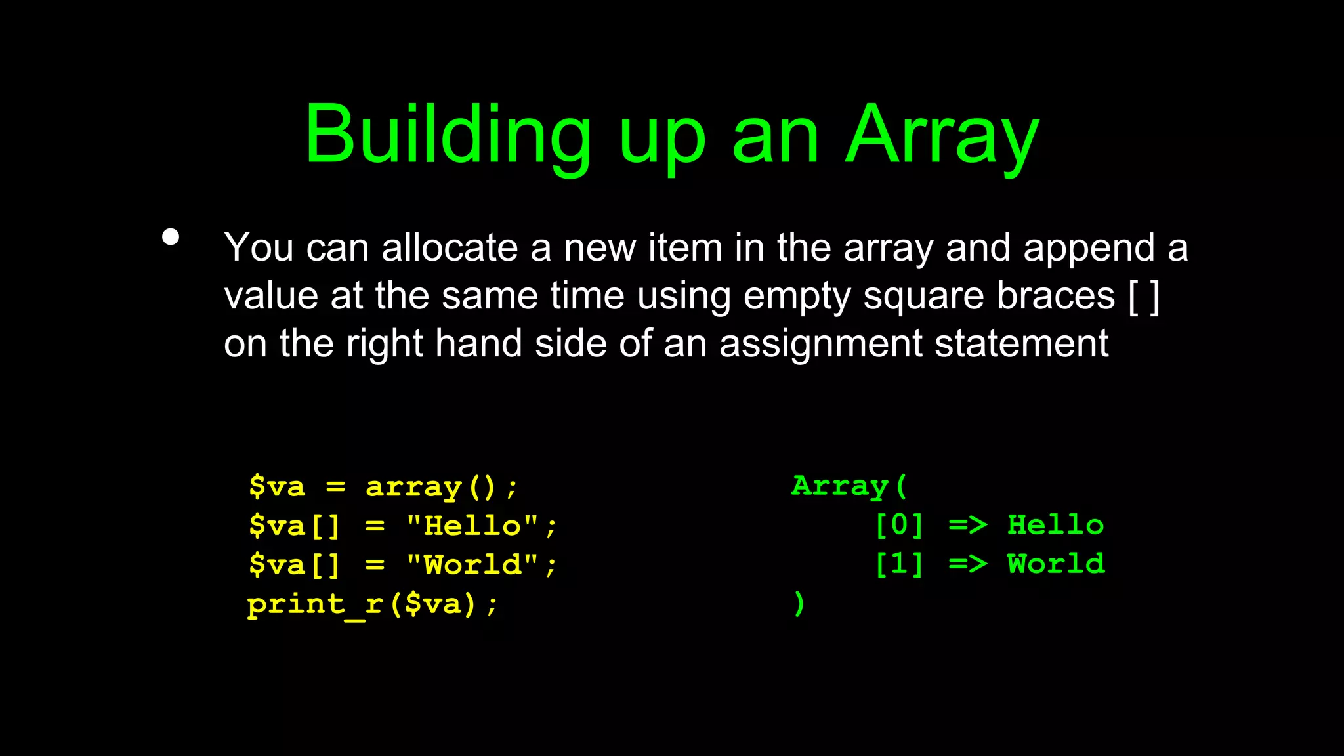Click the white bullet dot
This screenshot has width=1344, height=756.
(x=171, y=237)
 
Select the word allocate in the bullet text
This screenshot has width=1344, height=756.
(x=450, y=248)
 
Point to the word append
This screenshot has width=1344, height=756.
(x=1089, y=249)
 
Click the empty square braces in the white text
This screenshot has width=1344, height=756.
(x=1144, y=297)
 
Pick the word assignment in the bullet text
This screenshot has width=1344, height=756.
(x=820, y=344)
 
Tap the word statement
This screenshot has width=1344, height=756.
(x=1021, y=344)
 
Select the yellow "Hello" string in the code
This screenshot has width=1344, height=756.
(x=472, y=526)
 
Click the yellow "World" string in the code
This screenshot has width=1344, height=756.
(x=472, y=564)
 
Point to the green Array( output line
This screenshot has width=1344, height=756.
(x=849, y=486)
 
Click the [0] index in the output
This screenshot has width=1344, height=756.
(x=899, y=525)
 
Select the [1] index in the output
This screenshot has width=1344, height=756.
(x=899, y=564)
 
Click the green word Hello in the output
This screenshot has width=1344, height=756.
(x=1055, y=525)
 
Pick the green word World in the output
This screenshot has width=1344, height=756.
(x=1056, y=564)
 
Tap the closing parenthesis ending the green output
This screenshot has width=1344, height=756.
(x=799, y=603)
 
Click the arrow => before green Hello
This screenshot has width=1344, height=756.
(x=967, y=525)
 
